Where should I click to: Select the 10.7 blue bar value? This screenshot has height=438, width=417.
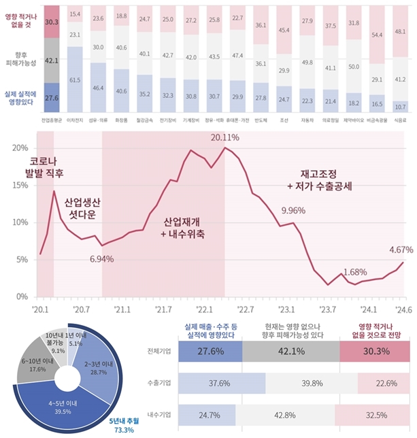pyautogui.click(x=401, y=107)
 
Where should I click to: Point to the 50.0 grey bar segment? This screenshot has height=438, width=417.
pyautogui.click(x=354, y=67)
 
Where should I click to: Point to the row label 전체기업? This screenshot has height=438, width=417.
pyautogui.click(x=159, y=351)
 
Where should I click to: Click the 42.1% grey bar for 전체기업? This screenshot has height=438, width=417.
pyautogui.click(x=290, y=351)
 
